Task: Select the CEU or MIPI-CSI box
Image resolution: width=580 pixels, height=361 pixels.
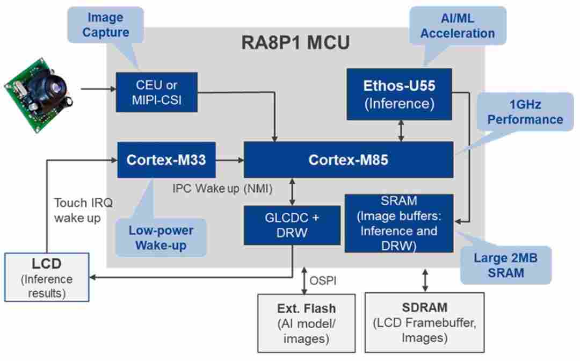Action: pyautogui.click(x=157, y=93)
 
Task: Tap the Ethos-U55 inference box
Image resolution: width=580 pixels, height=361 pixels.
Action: pyautogui.click(x=399, y=93)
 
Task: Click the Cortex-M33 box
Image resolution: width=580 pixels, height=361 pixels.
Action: pyautogui.click(x=166, y=160)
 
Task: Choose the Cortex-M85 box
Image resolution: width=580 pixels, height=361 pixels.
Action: pyautogui.click(x=349, y=160)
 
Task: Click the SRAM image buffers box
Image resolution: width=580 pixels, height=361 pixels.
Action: pyautogui.click(x=398, y=223)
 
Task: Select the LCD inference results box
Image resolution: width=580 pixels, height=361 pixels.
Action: pyautogui.click(x=46, y=277)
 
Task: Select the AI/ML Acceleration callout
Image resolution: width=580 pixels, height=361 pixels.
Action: pyautogui.click(x=458, y=25)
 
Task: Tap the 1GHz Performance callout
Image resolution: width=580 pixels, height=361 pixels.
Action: pyautogui.click(x=525, y=112)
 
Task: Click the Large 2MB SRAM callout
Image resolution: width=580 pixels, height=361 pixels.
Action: pyautogui.click(x=506, y=265)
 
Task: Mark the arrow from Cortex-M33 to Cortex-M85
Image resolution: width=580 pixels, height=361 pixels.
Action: pyautogui.click(x=229, y=160)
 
